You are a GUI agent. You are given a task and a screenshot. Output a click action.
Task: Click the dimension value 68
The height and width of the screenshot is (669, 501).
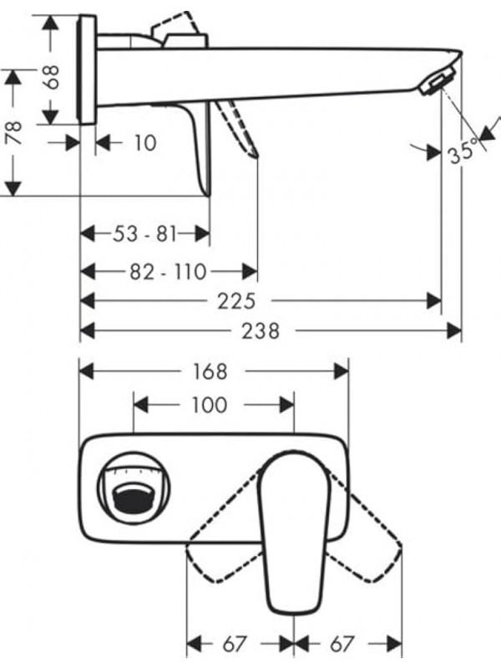tap(53, 77)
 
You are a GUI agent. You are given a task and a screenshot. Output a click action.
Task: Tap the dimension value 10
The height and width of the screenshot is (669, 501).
tap(144, 143)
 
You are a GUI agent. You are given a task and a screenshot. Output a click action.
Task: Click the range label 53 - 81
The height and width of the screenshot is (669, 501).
tap(146, 233)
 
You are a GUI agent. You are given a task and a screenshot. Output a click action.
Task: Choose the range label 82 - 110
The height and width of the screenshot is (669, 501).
tap(170, 271)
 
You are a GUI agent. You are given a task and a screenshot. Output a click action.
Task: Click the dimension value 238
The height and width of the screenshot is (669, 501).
tap(261, 331)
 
